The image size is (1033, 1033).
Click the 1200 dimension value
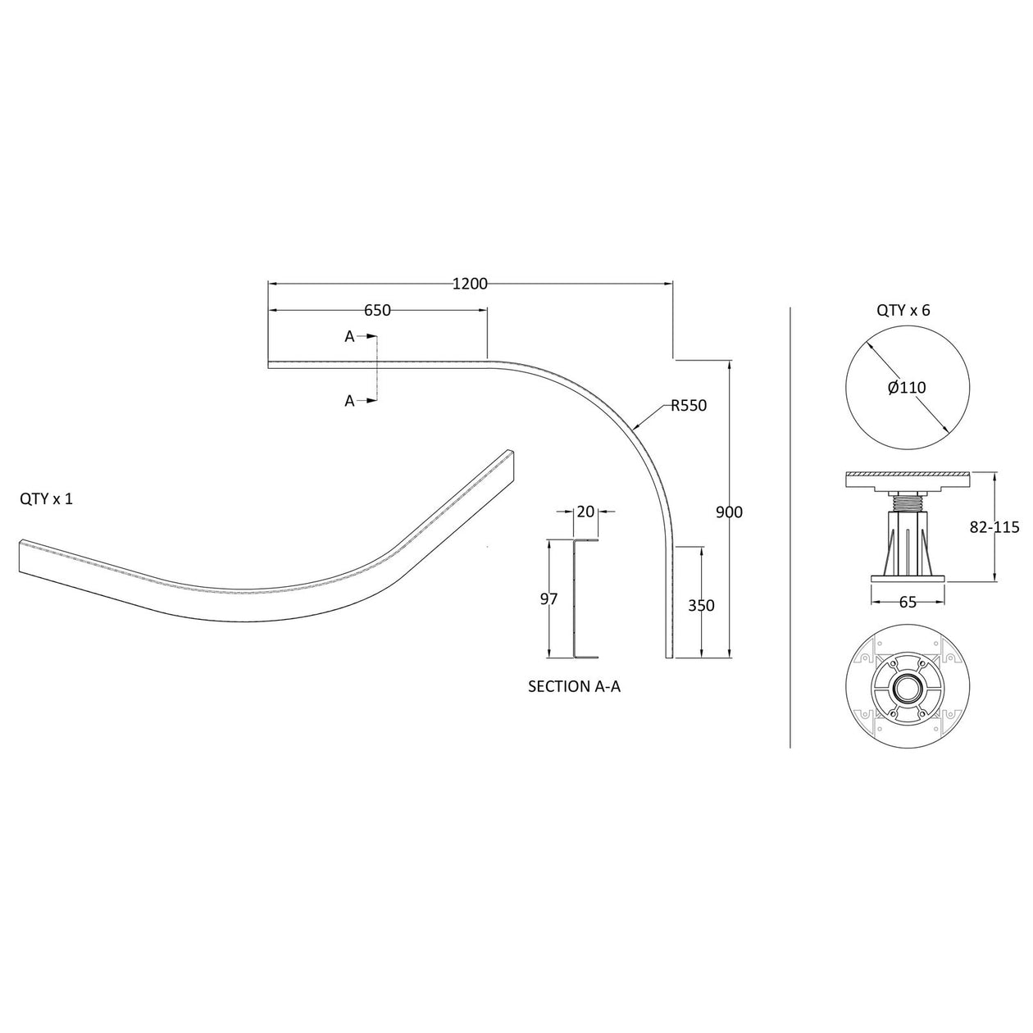pos(470,284)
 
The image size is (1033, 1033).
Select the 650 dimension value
pos(377,310)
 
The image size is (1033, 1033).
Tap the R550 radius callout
pos(688,405)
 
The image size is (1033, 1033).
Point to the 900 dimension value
pos(729,512)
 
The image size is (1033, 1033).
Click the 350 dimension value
pos(701,606)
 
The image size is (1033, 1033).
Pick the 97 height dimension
pos(548,599)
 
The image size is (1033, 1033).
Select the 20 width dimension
pos(585,512)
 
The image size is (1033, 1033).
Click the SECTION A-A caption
pos(574,686)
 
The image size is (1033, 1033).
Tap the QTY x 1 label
pos(47,498)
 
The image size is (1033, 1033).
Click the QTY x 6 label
pos(903,311)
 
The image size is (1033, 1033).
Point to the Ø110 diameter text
pos(907,387)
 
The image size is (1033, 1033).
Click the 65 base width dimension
pos(908,603)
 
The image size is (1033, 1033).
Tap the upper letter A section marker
pos(349,336)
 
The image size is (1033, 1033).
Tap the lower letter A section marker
pos(349,401)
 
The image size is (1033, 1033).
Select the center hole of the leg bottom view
pos(907,686)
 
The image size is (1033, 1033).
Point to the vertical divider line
pos(789,525)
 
